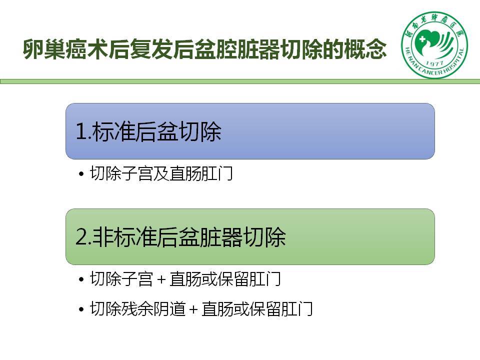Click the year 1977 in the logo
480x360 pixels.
[x=434, y=63]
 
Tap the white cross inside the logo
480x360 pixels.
[x=423, y=39]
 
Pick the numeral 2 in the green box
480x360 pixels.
[x=81, y=236]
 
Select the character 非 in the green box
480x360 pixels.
[x=102, y=237]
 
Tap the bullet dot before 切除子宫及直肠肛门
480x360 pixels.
[x=81, y=174]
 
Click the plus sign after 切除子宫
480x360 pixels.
[x=161, y=279]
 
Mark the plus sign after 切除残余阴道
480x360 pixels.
[x=193, y=309]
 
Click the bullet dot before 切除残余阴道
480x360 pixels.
[x=81, y=309]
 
